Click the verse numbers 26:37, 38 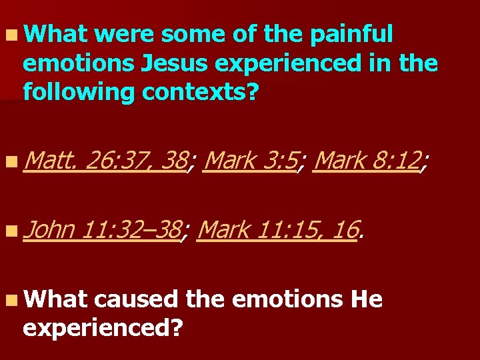click(x=137, y=161)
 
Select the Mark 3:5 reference click(x=250, y=161)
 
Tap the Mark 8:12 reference click(x=367, y=161)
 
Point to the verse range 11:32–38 click(x=132, y=230)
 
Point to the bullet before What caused click(x=13, y=301)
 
